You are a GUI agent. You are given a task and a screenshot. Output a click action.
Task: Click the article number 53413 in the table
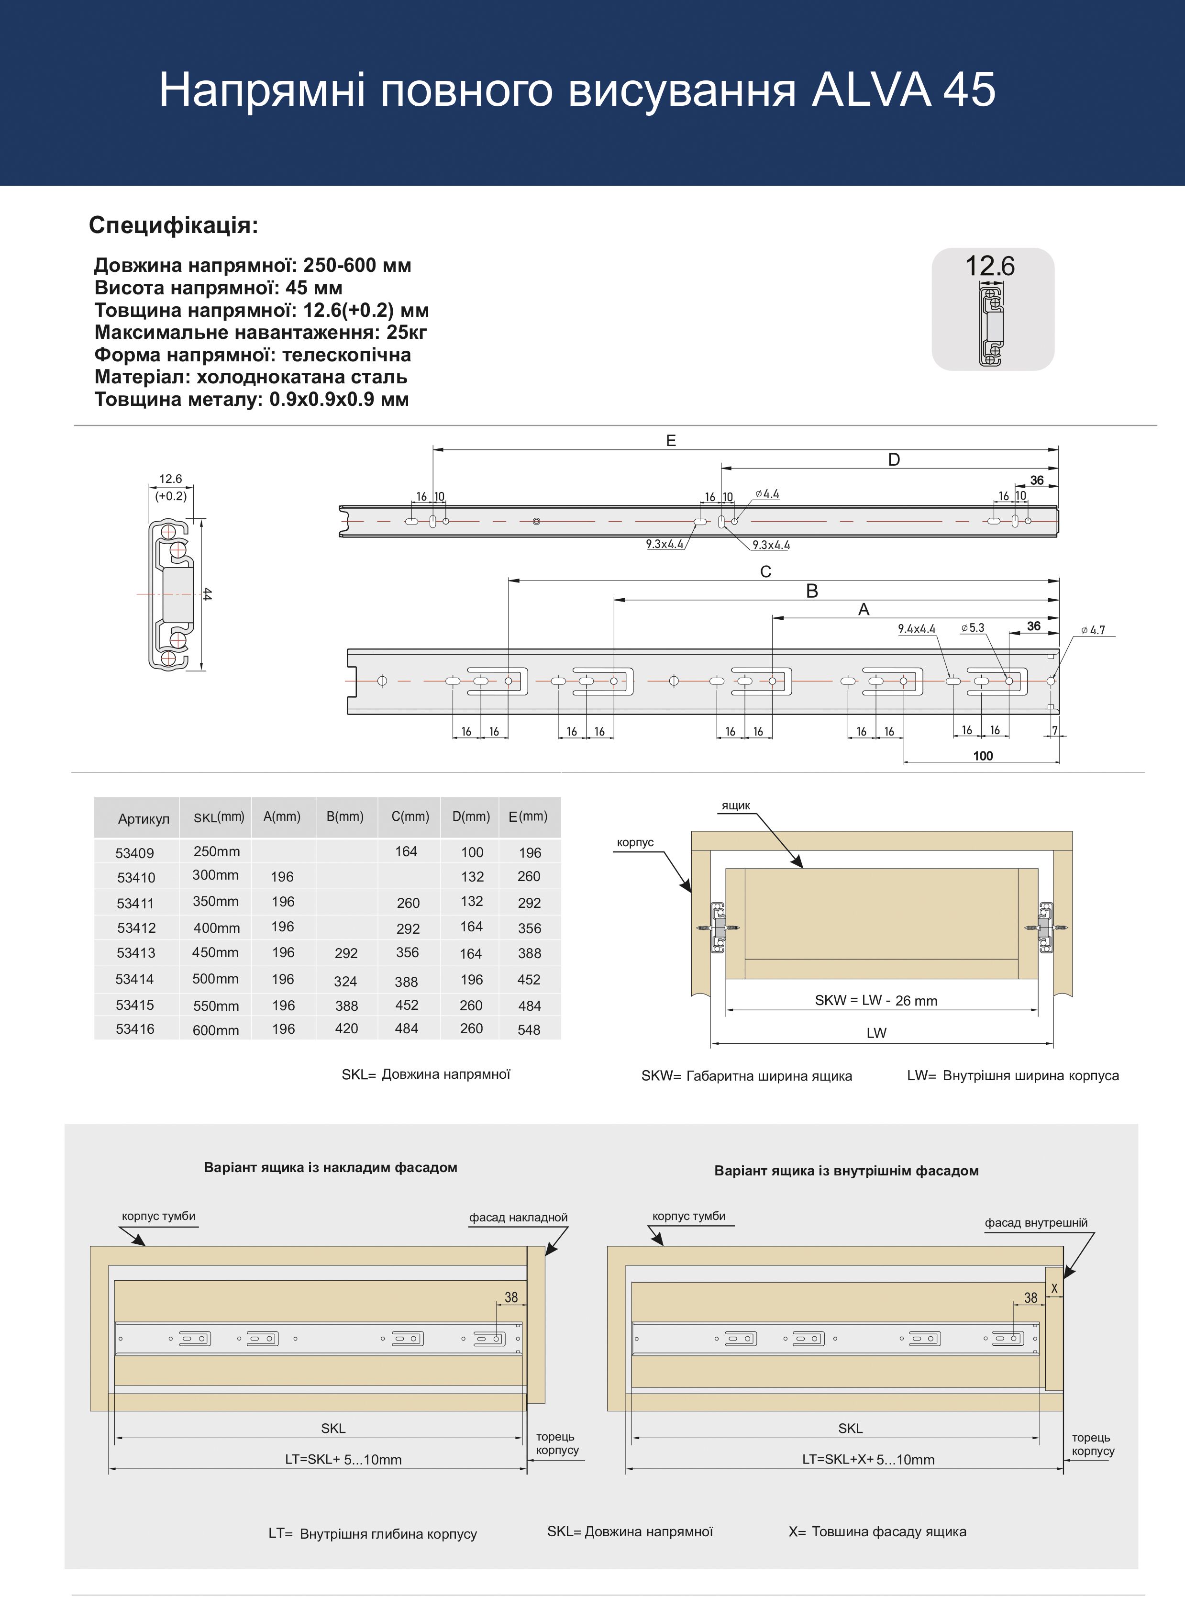(135, 953)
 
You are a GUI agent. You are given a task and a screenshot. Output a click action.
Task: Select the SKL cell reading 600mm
(215, 1030)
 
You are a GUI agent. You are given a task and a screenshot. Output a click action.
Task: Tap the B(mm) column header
(344, 816)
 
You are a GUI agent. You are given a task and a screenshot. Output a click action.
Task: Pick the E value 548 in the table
(529, 1030)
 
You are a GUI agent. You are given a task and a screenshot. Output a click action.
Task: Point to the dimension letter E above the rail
(671, 441)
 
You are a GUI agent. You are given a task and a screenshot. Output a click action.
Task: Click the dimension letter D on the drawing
(893, 460)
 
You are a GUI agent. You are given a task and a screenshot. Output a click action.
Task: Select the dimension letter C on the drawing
(765, 572)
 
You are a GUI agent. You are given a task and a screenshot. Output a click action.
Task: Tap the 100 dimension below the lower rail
(983, 756)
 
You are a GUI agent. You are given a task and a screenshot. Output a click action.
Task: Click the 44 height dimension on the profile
(207, 594)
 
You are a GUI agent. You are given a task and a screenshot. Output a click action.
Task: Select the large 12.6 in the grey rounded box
(989, 266)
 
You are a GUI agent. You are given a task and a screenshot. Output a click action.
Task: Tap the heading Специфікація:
(173, 225)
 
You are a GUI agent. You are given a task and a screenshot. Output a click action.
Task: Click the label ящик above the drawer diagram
(735, 806)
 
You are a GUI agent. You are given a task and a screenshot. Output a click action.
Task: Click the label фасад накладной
(518, 1218)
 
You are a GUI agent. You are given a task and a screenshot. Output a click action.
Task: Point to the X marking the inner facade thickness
(1054, 1289)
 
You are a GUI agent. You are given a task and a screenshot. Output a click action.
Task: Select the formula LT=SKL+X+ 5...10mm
(868, 1460)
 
